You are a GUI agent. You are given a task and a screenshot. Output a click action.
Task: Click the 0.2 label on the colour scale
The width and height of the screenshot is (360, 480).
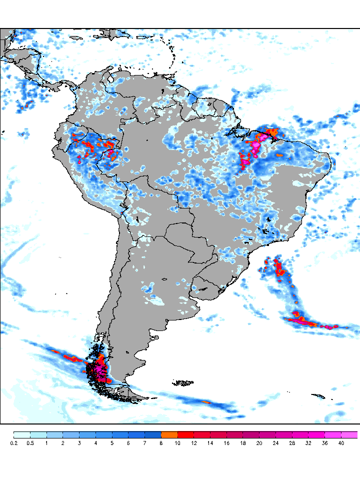pos(14,443)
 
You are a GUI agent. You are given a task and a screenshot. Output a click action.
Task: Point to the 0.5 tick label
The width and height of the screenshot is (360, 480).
pos(30,443)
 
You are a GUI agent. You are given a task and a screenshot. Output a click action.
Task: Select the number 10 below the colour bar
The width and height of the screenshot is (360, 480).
pos(177,443)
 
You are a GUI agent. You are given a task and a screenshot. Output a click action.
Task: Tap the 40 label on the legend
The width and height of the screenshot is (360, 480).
pos(341,443)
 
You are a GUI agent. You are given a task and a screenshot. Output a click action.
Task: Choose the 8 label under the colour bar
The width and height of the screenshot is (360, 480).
pos(161,443)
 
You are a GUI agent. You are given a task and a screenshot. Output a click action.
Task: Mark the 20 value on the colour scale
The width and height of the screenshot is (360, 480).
pos(259,443)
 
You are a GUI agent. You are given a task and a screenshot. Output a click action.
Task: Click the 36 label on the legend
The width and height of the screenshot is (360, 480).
pos(325,443)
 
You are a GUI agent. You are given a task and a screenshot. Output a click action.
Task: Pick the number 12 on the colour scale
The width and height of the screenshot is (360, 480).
pos(194,443)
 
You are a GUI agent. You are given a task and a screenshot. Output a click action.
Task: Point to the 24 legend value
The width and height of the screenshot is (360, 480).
pos(276,443)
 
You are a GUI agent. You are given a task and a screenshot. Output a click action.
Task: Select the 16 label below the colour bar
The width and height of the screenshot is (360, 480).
pos(226,443)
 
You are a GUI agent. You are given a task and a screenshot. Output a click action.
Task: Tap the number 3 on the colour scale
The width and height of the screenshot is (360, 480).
pos(79,443)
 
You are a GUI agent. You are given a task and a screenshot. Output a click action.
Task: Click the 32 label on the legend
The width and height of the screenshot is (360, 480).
pos(308,443)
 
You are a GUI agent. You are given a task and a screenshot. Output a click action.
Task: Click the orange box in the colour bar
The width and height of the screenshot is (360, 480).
pos(169,434)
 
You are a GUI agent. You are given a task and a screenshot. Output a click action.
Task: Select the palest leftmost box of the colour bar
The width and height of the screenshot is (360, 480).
pos(22,434)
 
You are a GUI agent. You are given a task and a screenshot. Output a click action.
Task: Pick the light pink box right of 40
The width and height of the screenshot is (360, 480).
pos(350,434)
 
